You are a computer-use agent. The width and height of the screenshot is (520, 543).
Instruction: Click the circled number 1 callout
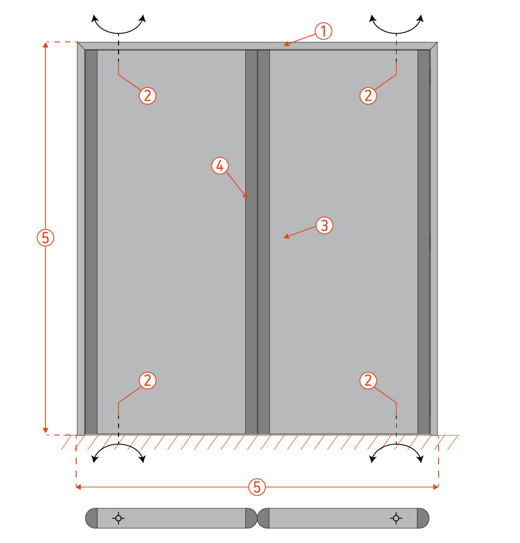(x=323, y=31)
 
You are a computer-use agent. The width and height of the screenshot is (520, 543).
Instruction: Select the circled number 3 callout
(x=324, y=225)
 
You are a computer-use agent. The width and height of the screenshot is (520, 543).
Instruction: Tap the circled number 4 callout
(x=220, y=166)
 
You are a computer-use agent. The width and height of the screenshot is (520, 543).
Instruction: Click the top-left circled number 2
(x=148, y=95)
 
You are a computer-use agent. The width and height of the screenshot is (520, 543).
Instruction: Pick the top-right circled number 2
(x=368, y=95)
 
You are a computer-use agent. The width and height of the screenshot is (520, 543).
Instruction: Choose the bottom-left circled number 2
(x=148, y=380)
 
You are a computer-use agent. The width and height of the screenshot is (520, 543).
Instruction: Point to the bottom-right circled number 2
(x=368, y=380)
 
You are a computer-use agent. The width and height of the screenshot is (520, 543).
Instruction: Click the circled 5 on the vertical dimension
(x=45, y=238)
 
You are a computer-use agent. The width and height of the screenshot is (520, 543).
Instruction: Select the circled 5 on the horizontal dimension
(x=257, y=487)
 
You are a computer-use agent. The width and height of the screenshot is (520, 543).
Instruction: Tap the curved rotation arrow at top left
(x=119, y=33)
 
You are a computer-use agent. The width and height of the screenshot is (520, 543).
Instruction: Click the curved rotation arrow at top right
(x=397, y=33)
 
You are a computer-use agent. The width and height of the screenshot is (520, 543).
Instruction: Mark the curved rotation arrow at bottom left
(x=119, y=444)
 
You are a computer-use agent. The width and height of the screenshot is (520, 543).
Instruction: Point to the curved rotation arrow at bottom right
(x=397, y=444)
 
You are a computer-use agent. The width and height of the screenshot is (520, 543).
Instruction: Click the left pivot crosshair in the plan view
(x=119, y=518)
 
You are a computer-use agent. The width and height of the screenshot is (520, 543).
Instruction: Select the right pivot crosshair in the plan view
(x=396, y=518)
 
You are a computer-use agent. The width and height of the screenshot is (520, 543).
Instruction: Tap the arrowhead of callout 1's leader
(x=286, y=44)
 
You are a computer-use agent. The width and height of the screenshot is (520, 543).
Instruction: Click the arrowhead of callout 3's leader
(x=286, y=236)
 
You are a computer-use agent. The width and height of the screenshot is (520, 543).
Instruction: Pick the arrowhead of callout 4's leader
(x=246, y=196)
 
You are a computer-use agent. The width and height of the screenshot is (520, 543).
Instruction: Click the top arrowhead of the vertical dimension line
(x=45, y=45)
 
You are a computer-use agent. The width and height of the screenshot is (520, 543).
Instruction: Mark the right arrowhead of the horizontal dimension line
(x=436, y=487)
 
